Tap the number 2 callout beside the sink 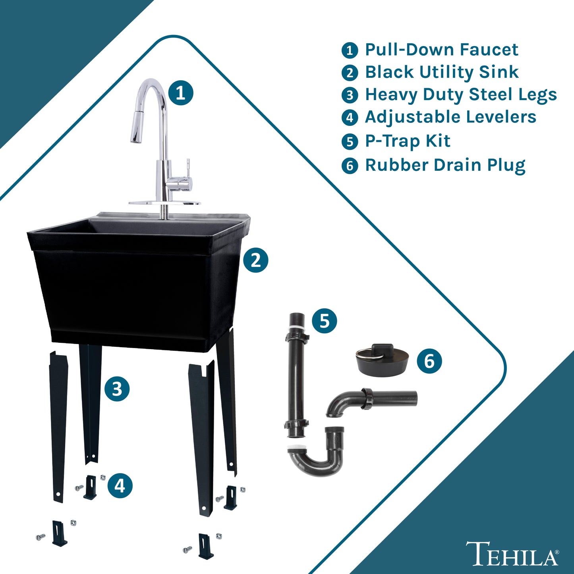(255, 260)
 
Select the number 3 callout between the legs (117, 388)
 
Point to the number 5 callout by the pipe (325, 321)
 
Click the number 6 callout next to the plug (429, 361)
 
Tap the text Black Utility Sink (442, 72)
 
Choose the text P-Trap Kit (408, 141)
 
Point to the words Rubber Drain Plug (445, 165)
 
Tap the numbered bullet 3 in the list (350, 95)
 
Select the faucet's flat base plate (165, 203)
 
